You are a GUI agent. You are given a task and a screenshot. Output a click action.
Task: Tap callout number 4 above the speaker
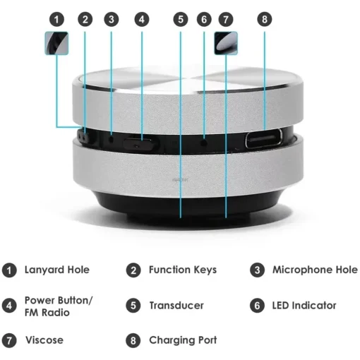(141, 20)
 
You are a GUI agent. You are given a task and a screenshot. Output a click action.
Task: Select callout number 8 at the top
(264, 20)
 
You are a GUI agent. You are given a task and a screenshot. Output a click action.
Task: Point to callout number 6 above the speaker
(204, 20)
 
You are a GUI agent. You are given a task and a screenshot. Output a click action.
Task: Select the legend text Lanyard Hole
(56, 270)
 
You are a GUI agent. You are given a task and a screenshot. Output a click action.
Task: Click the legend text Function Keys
(182, 270)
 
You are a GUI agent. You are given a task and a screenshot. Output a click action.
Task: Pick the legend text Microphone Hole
(315, 270)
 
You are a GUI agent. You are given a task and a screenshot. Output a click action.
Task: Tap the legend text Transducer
(176, 306)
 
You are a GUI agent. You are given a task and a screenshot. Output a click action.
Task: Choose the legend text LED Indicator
(304, 306)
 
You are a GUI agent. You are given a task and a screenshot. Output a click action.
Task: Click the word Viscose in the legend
(44, 340)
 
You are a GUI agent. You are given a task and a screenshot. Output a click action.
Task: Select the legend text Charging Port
(182, 340)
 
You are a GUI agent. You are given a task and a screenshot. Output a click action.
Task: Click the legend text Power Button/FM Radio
(58, 306)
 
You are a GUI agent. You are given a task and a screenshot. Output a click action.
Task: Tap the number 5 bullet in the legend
(133, 306)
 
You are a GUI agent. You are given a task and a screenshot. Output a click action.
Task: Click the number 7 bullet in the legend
(9, 340)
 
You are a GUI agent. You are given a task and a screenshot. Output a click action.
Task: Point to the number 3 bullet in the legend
(257, 270)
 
